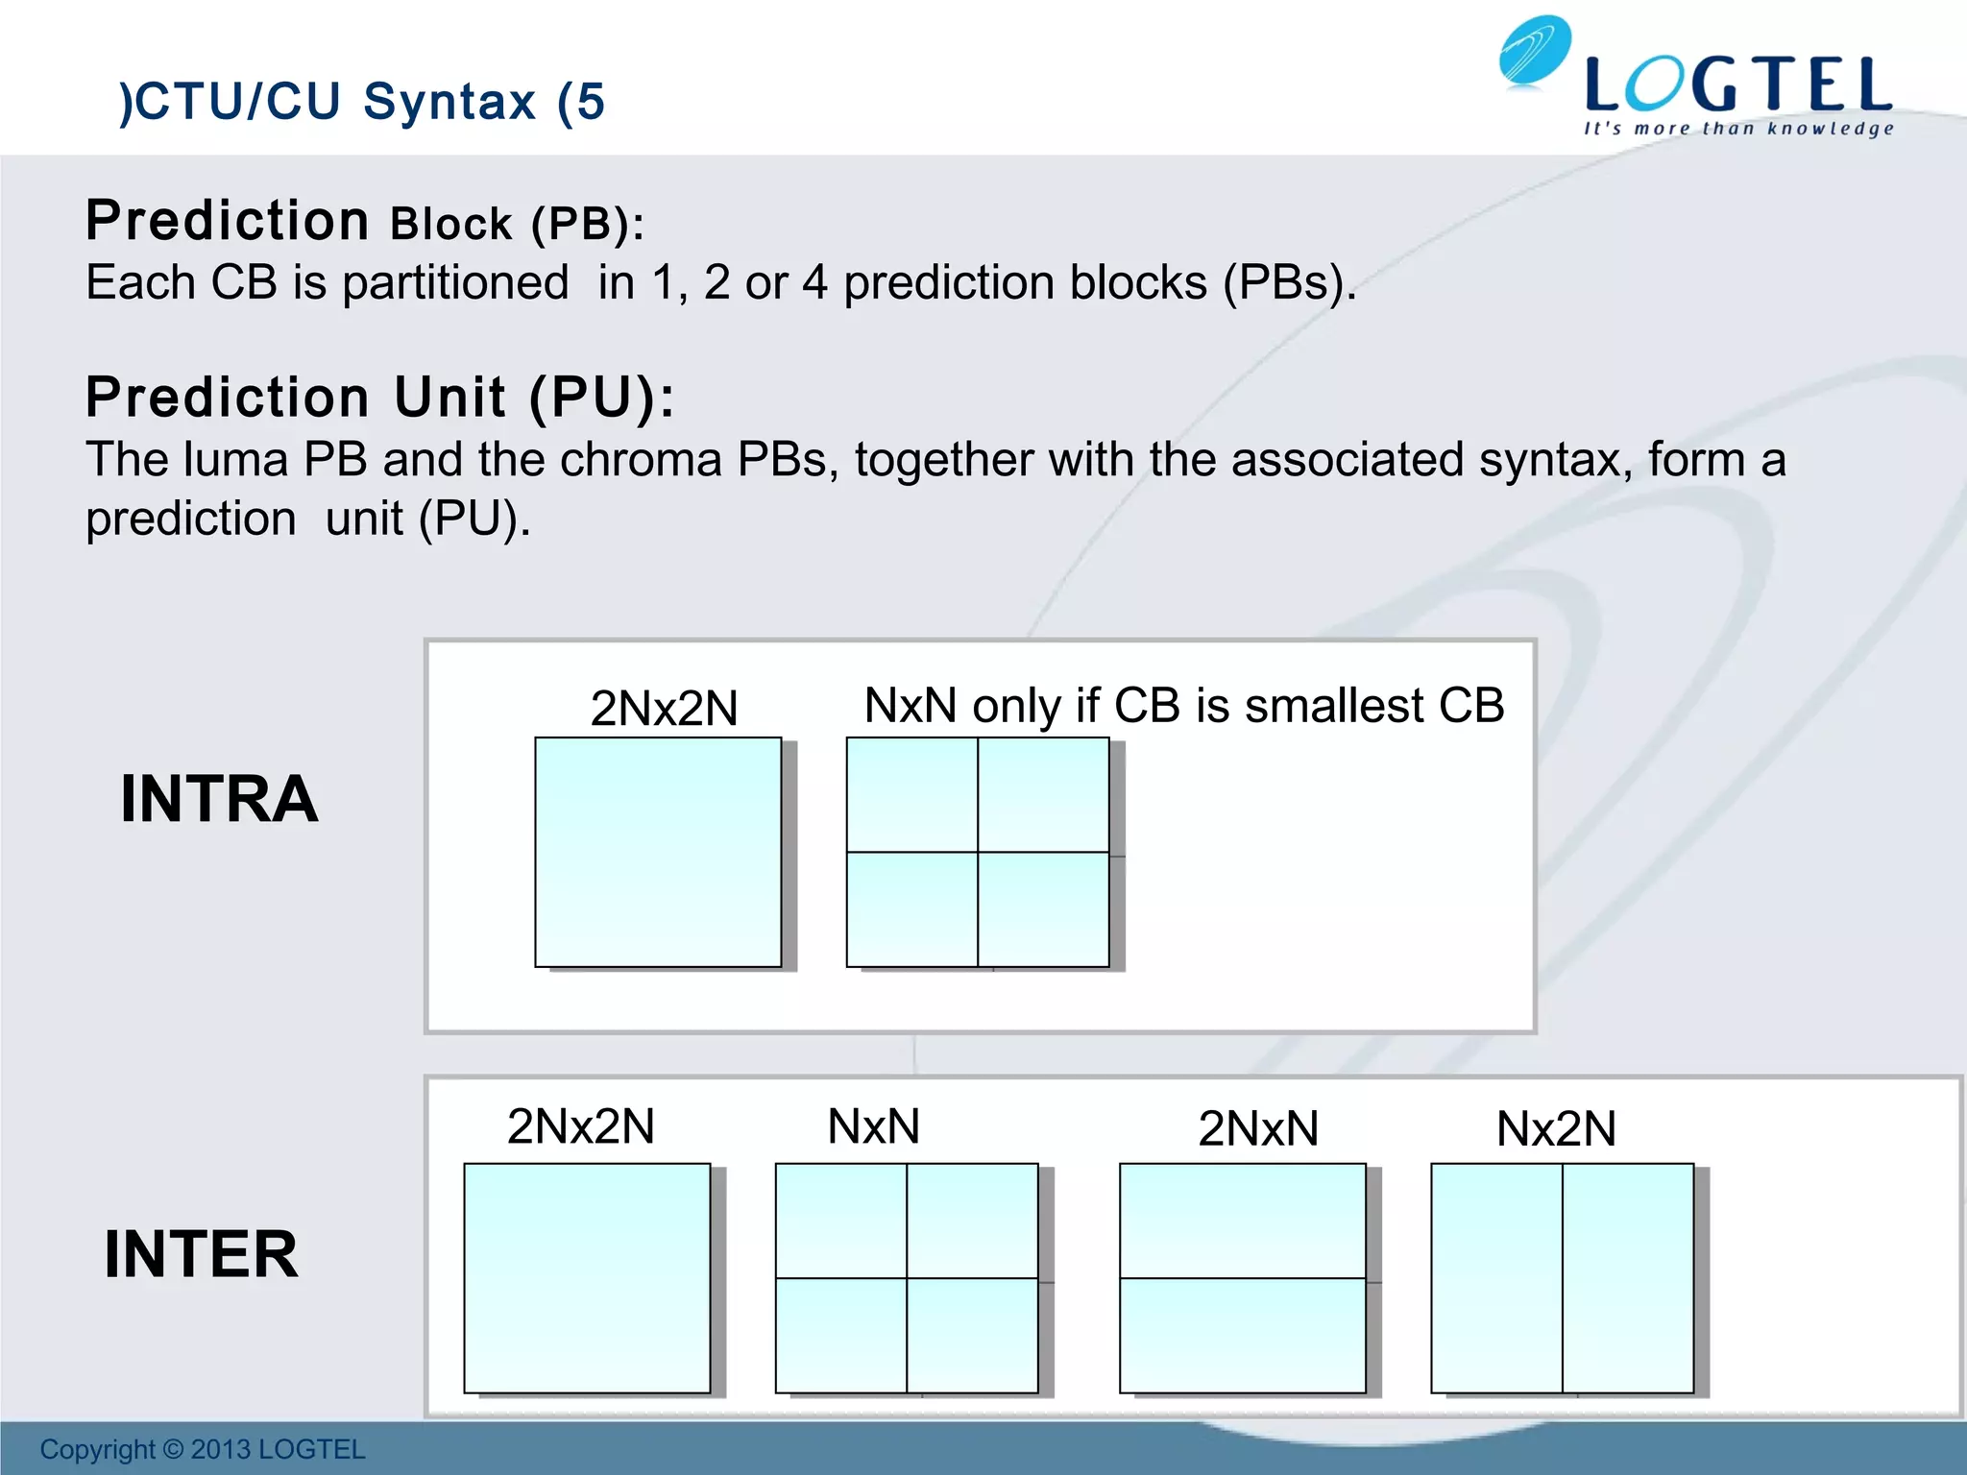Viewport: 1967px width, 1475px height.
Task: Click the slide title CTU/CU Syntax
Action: point(362,102)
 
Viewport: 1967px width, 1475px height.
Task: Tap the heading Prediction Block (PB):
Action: point(365,222)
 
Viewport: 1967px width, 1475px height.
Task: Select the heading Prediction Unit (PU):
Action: point(380,398)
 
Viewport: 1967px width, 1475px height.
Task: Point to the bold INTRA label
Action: point(219,799)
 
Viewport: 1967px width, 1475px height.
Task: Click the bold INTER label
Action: point(202,1254)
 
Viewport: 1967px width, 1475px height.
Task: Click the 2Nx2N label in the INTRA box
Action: point(664,709)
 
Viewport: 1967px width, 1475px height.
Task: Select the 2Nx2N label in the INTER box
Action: point(580,1126)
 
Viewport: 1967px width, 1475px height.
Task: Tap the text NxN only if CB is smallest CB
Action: point(1183,706)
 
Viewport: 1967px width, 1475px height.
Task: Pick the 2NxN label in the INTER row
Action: point(1258,1128)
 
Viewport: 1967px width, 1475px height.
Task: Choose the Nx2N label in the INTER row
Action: point(1556,1128)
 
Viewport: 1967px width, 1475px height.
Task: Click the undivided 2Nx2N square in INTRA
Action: point(658,852)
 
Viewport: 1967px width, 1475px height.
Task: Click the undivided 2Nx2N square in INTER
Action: point(587,1278)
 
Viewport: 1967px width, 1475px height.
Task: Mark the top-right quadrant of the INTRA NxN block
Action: point(1043,795)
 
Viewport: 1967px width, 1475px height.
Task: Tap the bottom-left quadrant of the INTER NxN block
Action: point(841,1335)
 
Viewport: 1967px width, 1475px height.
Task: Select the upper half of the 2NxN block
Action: point(1243,1221)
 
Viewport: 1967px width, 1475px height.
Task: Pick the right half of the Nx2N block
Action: point(1628,1278)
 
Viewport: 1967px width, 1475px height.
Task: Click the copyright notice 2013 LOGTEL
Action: point(203,1449)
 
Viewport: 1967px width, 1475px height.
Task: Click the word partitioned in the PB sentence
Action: point(455,283)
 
